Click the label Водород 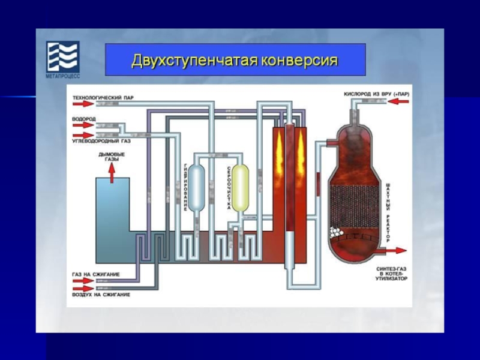point(83,119)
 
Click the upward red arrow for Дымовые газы point(112,172)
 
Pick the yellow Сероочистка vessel point(241,187)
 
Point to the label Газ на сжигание point(95,274)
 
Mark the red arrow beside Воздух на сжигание point(77,289)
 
